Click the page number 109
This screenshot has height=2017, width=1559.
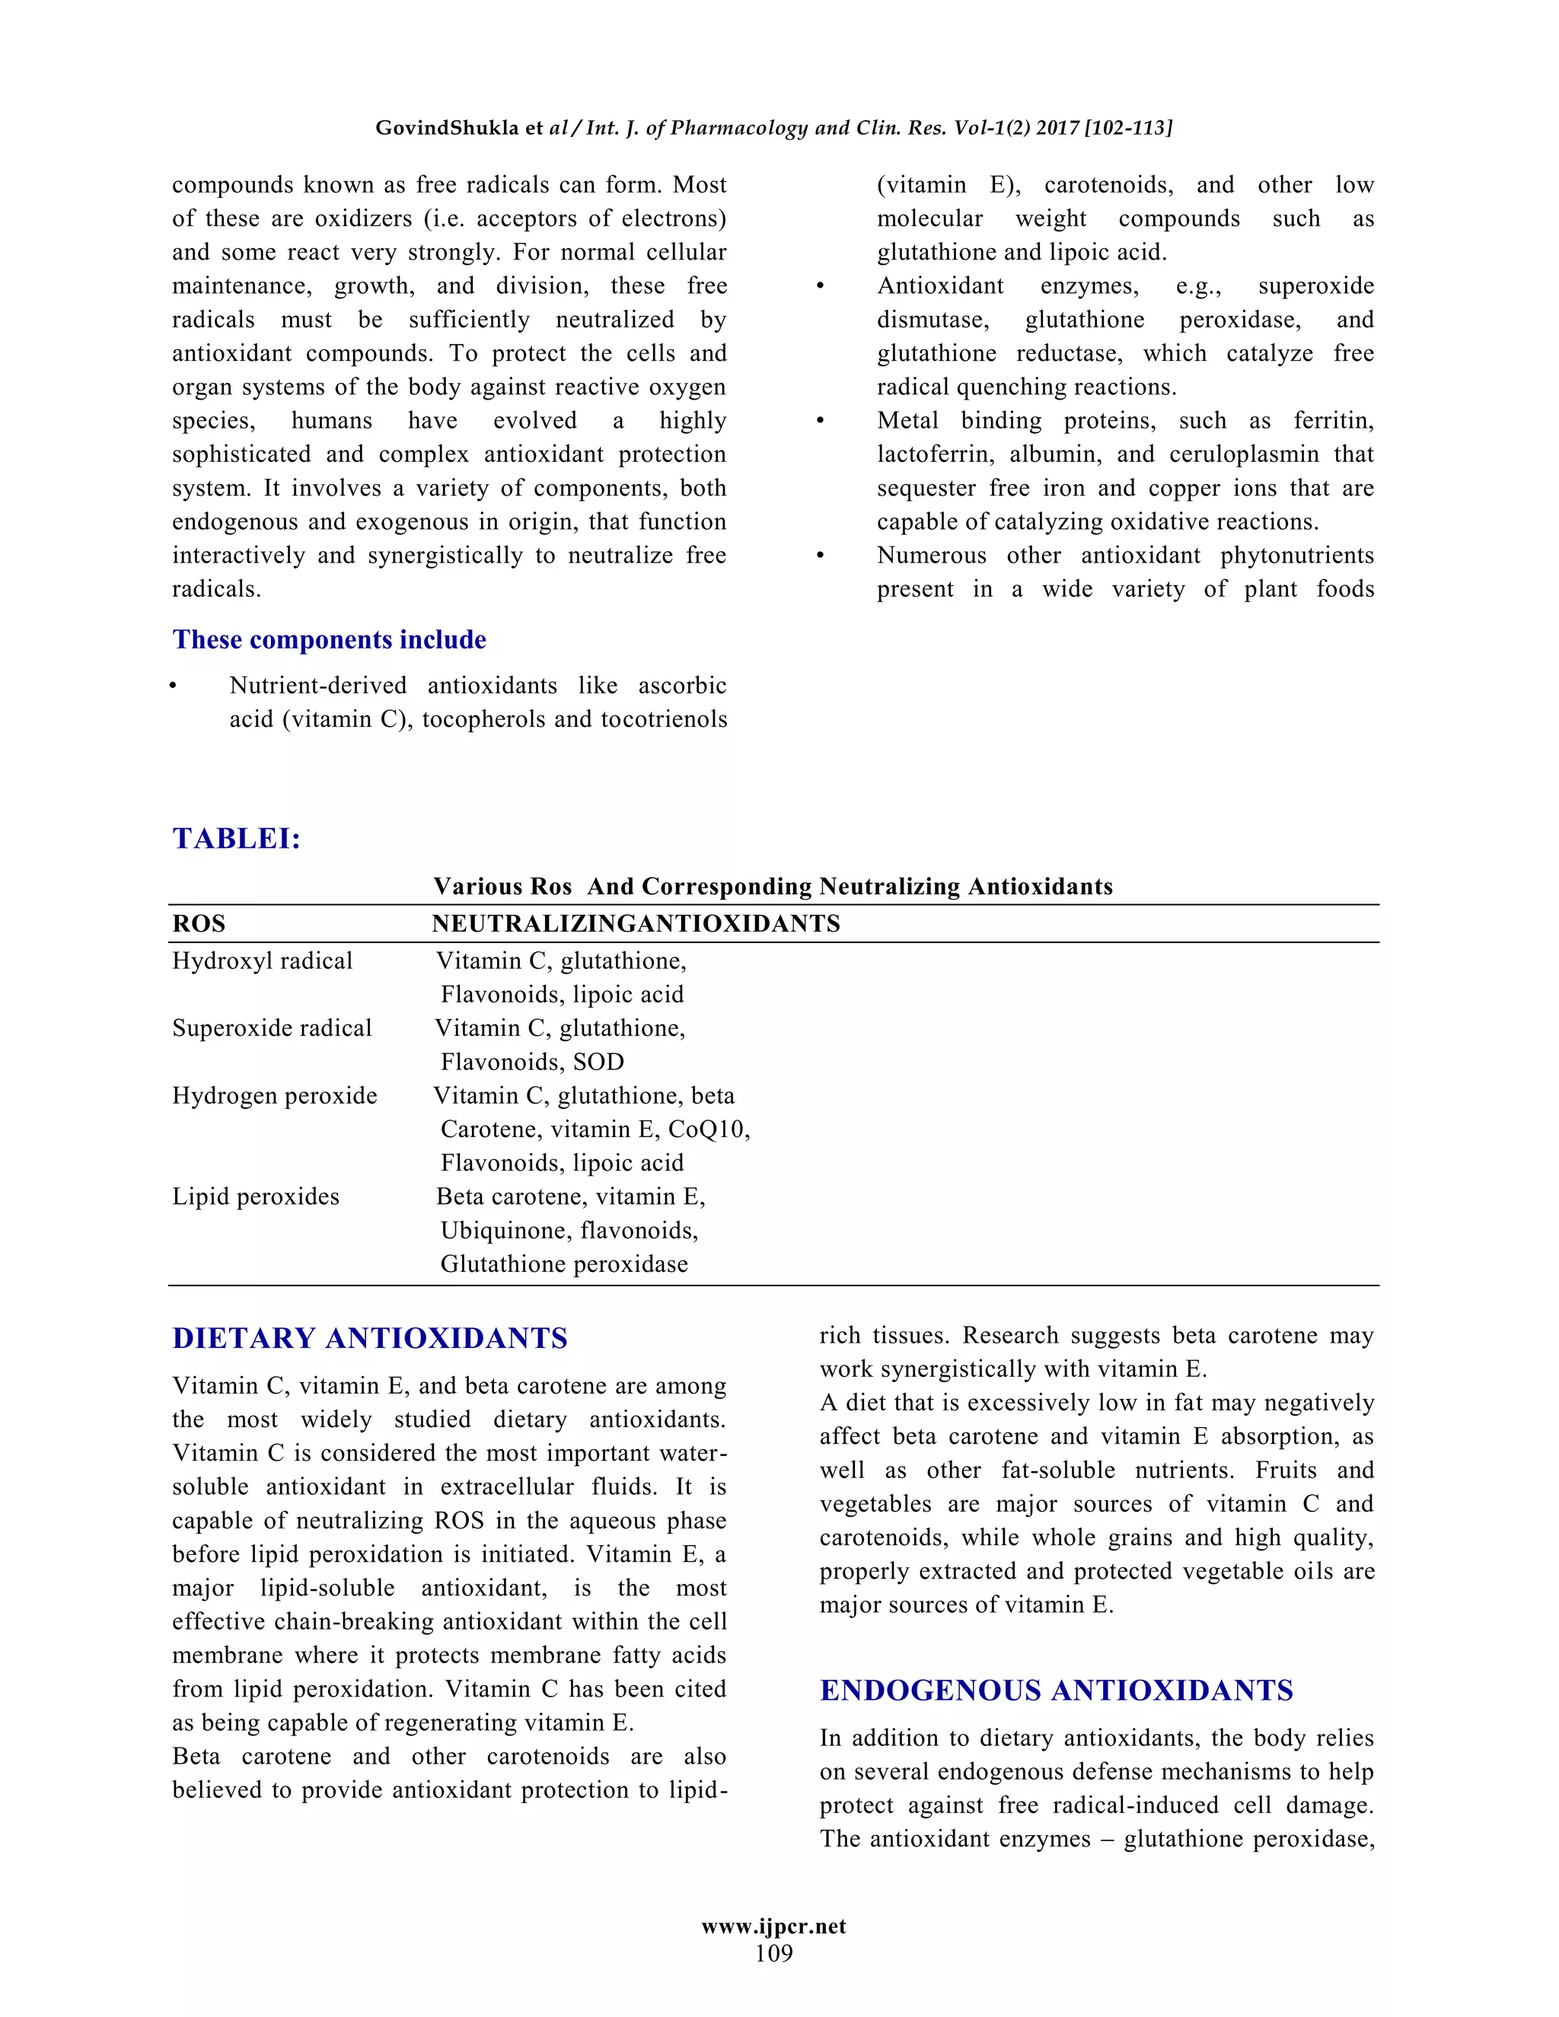point(774,1953)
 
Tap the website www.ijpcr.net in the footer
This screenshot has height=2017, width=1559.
point(774,1926)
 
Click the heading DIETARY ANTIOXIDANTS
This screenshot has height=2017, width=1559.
point(369,1338)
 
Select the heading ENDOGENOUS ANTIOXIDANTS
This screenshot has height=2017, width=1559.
point(1056,1690)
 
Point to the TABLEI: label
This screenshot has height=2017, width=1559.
point(237,839)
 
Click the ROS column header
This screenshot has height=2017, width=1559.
point(199,923)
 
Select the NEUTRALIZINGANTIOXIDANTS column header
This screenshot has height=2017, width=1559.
point(636,923)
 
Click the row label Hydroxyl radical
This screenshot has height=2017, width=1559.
point(263,961)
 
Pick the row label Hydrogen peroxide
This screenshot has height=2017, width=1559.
point(274,1095)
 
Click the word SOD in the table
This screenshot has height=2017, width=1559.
point(598,1062)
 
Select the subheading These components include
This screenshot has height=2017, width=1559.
point(329,639)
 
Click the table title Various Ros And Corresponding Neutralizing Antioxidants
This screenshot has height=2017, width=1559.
point(773,887)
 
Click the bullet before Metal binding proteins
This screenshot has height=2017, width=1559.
point(819,421)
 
